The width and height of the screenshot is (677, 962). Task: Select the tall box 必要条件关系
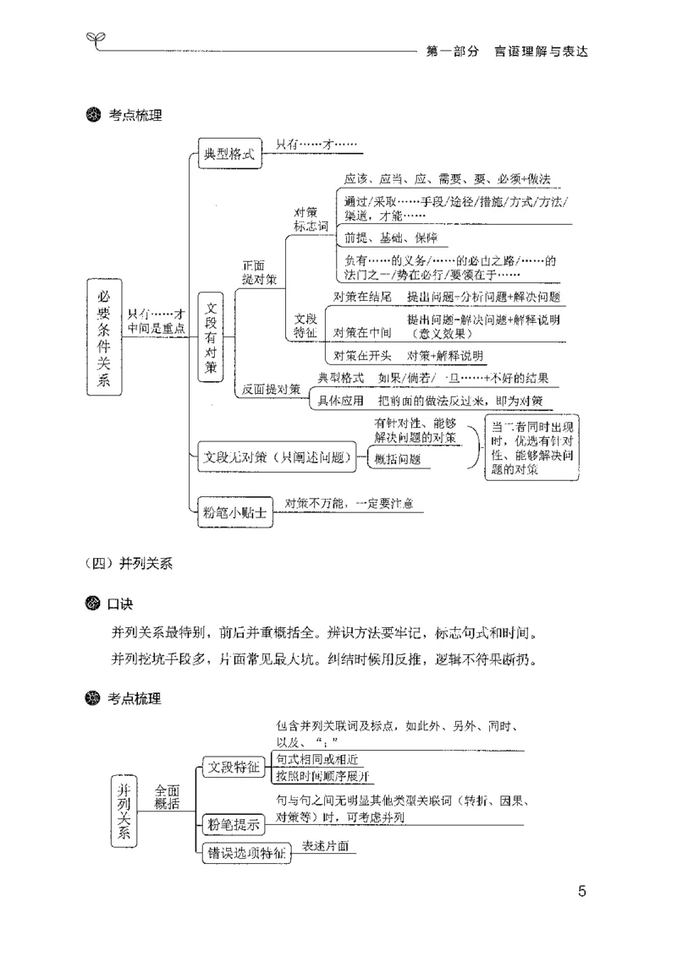[104, 337]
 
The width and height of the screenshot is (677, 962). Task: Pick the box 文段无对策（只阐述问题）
[278, 457]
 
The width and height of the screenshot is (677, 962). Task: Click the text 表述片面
[326, 845]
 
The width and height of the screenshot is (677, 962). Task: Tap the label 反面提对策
[271, 390]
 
